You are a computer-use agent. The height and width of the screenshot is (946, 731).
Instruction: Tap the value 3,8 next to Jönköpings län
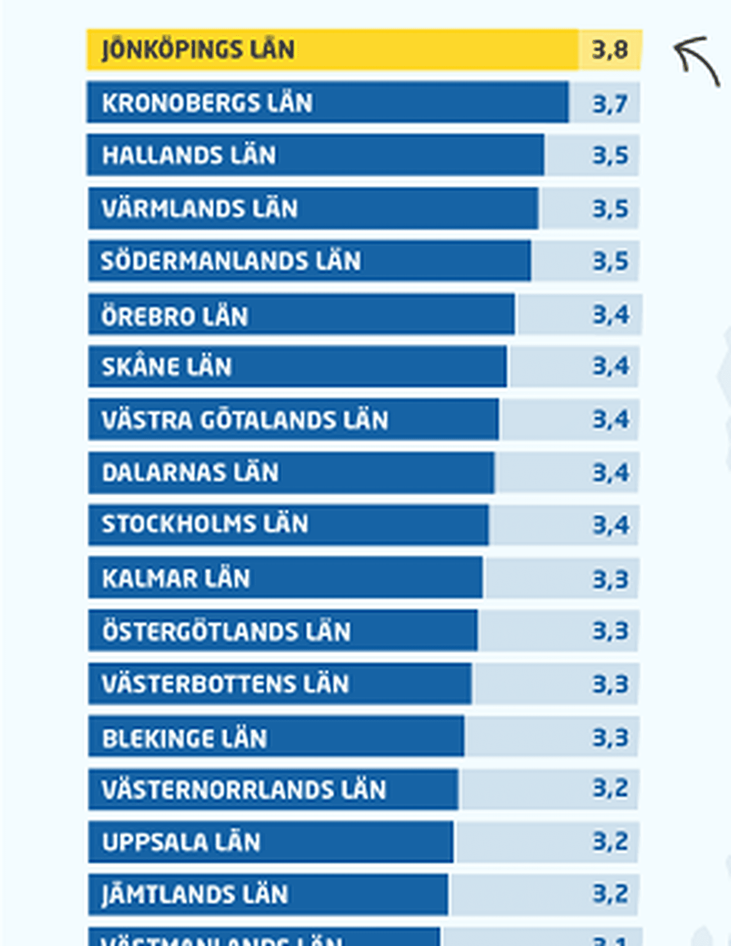click(x=610, y=50)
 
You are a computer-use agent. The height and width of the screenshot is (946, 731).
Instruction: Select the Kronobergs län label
click(x=207, y=103)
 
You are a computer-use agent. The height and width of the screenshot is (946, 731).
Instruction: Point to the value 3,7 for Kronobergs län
click(x=610, y=104)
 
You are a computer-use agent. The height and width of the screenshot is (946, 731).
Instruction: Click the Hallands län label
click(x=189, y=155)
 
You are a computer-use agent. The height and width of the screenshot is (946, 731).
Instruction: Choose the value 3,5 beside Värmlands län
click(x=610, y=209)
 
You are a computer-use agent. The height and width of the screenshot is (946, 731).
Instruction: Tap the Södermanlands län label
click(x=231, y=261)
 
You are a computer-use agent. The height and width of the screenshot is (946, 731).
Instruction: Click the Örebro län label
click(x=175, y=316)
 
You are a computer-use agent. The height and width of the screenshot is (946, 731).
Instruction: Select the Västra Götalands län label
click(x=245, y=420)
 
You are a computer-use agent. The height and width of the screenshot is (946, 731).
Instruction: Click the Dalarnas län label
click(x=190, y=473)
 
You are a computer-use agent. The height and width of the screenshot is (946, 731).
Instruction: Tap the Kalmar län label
click(x=176, y=578)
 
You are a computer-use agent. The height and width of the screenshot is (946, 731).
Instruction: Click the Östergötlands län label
click(x=226, y=631)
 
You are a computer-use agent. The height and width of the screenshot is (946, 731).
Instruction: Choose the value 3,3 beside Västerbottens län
click(x=610, y=684)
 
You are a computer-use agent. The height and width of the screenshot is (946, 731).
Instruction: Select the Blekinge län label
click(x=184, y=738)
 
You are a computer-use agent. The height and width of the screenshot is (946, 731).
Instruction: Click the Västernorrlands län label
click(x=244, y=790)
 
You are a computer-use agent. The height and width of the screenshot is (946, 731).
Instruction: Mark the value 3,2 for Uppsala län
click(x=610, y=842)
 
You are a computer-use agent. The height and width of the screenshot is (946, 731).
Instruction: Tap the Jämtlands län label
click(x=195, y=894)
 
